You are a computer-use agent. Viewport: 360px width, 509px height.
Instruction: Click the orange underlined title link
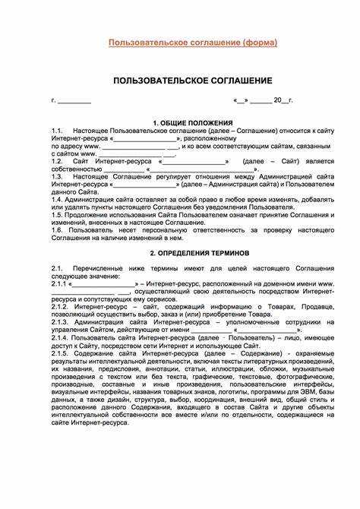pos(192,43)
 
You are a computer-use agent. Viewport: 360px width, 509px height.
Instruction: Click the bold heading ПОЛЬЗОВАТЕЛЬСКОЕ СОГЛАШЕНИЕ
pos(192,80)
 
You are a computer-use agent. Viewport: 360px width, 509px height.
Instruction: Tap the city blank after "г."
pos(74,101)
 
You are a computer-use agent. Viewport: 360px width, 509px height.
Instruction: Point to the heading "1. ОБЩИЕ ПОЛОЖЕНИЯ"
pos(192,122)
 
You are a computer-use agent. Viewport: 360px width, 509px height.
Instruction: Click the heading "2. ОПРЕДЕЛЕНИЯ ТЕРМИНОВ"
pos(192,251)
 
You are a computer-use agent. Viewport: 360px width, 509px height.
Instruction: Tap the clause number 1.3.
pos(58,175)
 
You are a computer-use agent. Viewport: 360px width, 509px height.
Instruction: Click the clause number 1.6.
pos(58,228)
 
